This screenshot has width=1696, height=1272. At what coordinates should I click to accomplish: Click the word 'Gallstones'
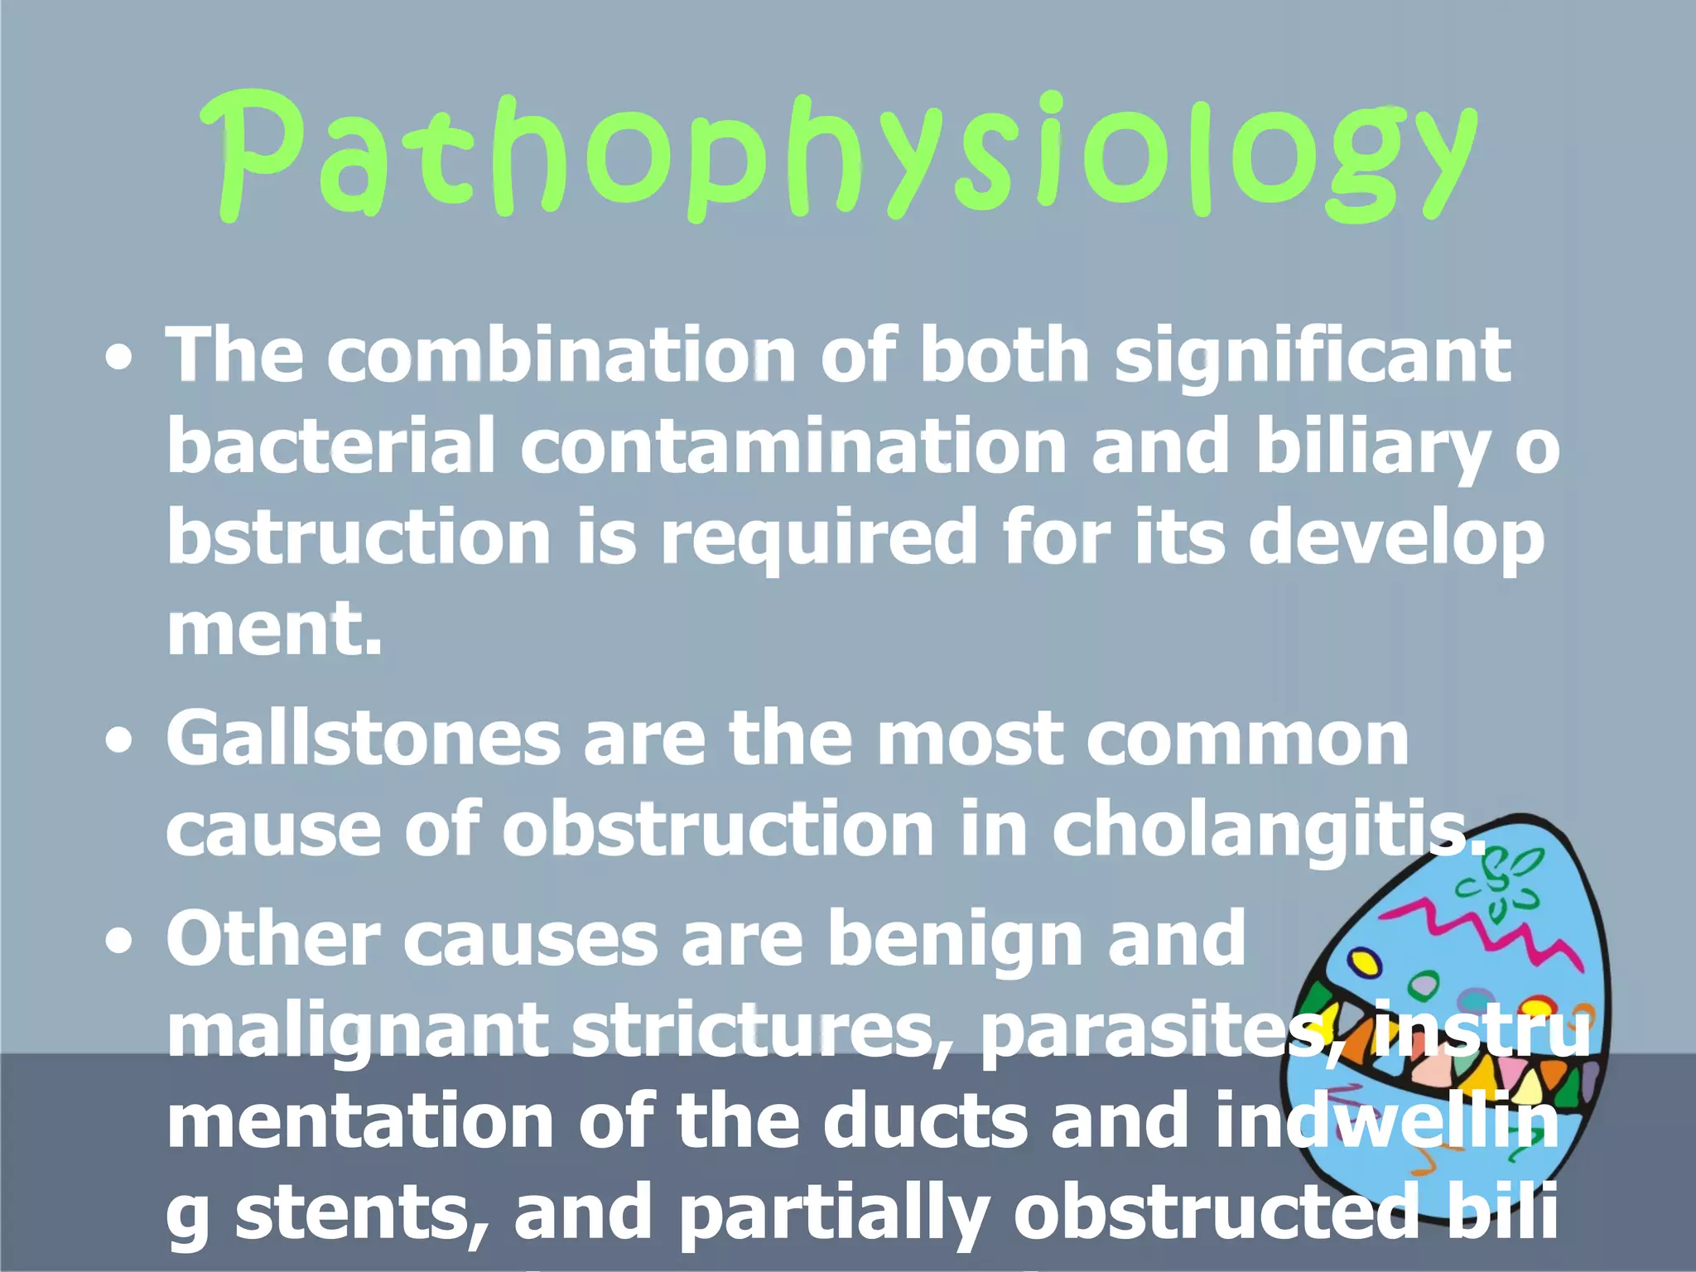tap(363, 739)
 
